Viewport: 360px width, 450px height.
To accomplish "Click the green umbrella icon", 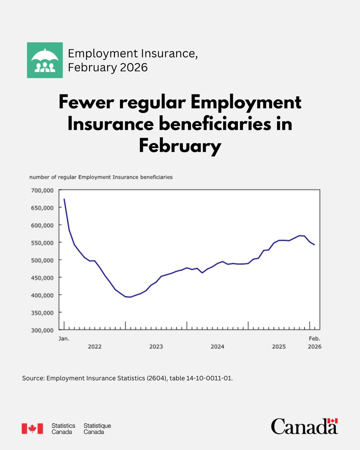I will (45, 60).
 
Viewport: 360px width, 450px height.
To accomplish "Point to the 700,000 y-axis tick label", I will (42, 190).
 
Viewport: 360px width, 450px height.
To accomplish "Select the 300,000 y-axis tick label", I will (42, 330).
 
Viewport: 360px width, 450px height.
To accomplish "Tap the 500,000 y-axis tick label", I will (42, 260).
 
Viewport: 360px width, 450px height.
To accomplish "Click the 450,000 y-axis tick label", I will (42, 278).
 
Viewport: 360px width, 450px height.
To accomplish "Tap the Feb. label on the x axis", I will (314, 339).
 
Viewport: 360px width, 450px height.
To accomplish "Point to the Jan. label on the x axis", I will (64, 339).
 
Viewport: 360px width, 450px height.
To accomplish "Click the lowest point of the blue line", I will (130, 297).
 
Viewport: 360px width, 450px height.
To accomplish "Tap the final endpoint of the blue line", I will (314, 245).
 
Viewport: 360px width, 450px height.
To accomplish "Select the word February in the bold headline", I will (180, 146).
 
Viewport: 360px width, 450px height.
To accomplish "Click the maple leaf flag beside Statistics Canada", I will (32, 428).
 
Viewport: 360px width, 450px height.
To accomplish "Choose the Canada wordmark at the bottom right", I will (304, 427).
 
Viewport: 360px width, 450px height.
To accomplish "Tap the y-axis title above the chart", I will (101, 177).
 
